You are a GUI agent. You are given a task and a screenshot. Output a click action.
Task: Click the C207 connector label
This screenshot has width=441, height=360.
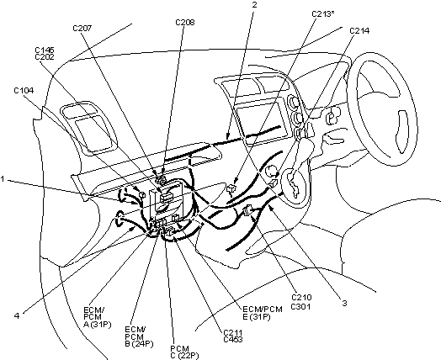click(x=82, y=29)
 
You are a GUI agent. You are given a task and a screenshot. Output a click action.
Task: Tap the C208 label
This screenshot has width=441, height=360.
click(x=185, y=23)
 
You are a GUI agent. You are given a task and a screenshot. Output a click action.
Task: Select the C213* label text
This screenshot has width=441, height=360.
click(x=323, y=14)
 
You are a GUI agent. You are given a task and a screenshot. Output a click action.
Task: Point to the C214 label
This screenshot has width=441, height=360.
click(x=359, y=30)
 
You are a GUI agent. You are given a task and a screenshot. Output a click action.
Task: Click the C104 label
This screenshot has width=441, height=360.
click(x=24, y=91)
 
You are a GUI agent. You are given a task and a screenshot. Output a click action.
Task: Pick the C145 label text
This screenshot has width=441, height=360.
click(x=45, y=50)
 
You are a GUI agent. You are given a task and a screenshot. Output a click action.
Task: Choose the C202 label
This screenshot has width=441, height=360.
click(x=45, y=56)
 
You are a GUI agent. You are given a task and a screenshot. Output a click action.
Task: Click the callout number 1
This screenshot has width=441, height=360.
click(x=3, y=179)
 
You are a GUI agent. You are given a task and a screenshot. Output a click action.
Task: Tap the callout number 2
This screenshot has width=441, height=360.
click(x=254, y=5)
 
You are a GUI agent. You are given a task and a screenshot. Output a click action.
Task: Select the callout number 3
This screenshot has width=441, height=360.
click(x=344, y=304)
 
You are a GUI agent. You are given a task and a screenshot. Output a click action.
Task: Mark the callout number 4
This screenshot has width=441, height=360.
click(x=17, y=316)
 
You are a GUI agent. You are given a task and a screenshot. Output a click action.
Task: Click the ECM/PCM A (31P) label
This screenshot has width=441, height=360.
click(x=98, y=317)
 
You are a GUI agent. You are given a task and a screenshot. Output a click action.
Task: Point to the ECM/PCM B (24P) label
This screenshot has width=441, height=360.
click(x=139, y=336)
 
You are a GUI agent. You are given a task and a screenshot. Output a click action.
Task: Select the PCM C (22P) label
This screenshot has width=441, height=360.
click(x=184, y=352)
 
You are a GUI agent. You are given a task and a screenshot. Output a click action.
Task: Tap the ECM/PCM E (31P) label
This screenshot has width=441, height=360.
click(x=263, y=313)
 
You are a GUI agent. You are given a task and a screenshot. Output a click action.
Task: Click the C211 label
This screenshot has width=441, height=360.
click(x=233, y=333)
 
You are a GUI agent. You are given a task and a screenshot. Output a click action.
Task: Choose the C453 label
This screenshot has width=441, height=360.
click(x=233, y=340)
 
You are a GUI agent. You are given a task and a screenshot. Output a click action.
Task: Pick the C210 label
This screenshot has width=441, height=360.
click(x=301, y=297)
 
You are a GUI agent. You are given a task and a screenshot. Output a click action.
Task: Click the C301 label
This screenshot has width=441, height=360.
click(x=300, y=306)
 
